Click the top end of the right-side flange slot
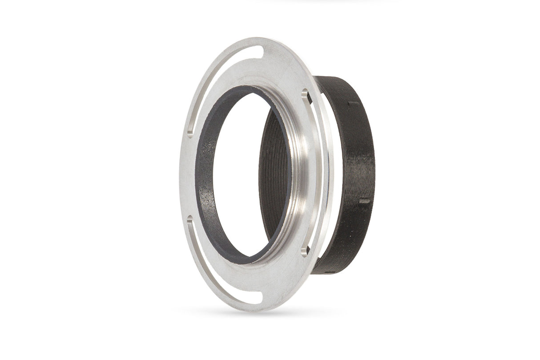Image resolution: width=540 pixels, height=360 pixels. pyautogui.click(x=304, y=93)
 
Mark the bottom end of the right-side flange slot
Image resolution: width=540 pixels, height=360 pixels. pyautogui.click(x=304, y=251)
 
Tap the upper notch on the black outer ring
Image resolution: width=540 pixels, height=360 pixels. pyautogui.click(x=354, y=104)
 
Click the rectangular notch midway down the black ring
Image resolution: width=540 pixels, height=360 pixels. pyautogui.click(x=365, y=201)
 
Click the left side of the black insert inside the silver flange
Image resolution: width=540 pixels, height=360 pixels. pyautogui.click(x=204, y=178)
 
